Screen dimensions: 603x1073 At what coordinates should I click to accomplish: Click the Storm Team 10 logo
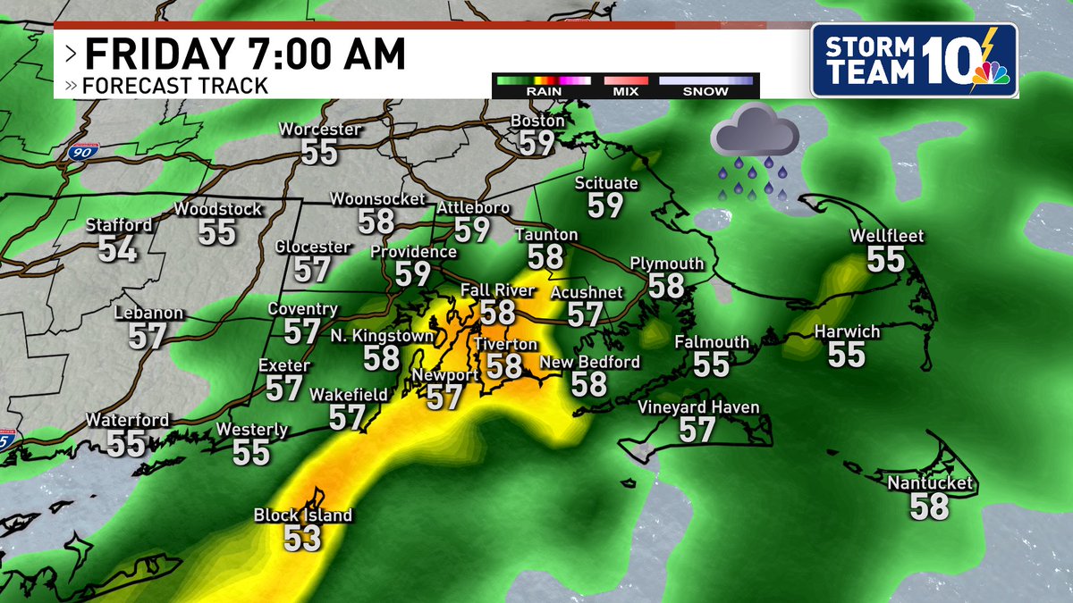914,61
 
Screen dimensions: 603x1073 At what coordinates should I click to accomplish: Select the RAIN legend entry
543,91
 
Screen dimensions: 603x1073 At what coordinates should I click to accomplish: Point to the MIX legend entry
625,91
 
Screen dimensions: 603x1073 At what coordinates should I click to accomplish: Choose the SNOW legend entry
705,91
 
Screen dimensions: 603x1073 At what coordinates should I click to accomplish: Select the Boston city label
537,121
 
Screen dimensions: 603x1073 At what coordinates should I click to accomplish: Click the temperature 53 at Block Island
301,538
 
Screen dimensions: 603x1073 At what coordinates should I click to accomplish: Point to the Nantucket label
929,484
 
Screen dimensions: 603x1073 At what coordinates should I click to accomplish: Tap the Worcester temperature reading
319,152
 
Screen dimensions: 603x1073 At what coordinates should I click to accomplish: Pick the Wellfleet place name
886,237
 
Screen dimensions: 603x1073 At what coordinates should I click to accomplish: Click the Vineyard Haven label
698,407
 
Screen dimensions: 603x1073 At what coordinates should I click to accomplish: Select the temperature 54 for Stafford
118,249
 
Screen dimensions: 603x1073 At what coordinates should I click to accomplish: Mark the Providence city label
413,252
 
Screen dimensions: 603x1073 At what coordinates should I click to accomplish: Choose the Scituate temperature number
605,205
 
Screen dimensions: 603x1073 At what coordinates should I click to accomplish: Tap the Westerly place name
251,430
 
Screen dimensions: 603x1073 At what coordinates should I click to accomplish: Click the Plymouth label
667,264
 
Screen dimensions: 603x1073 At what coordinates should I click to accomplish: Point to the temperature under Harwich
846,355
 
